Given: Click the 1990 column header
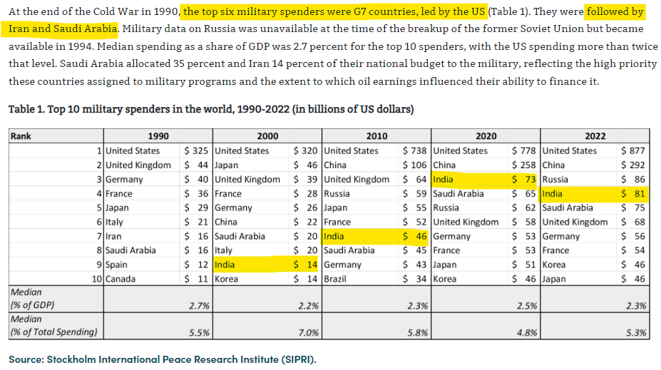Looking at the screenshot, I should click(x=158, y=136).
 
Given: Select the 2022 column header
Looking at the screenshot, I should click(x=594, y=136).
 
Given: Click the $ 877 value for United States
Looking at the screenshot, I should click(x=633, y=150).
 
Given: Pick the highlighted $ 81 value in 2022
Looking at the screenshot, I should click(x=633, y=193).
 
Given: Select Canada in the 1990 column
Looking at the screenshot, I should click(x=121, y=279).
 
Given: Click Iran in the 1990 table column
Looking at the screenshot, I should click(x=114, y=236).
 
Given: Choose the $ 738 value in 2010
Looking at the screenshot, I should click(x=414, y=150).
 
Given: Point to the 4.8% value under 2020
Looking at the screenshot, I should click(x=525, y=332).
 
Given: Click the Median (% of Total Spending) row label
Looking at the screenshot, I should click(x=53, y=325).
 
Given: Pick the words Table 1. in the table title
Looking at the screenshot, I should click(x=28, y=111).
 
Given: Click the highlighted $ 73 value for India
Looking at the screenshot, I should click(x=524, y=179).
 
